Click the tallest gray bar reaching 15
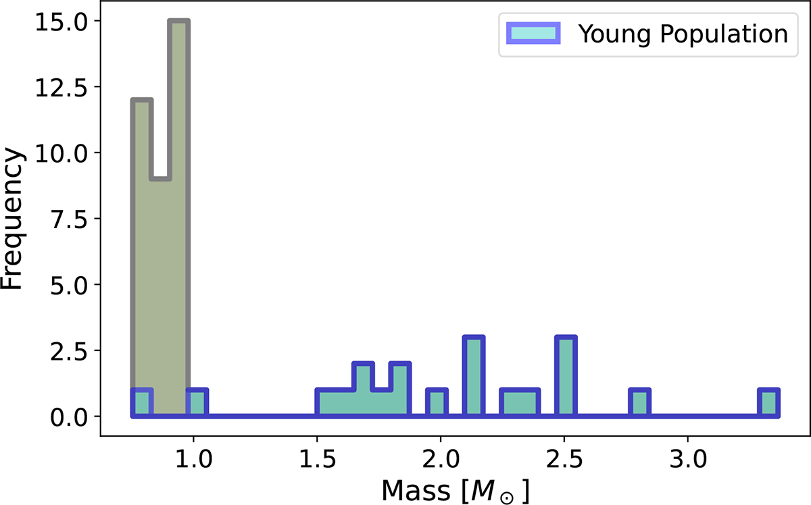point(179,216)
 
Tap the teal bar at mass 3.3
point(768,403)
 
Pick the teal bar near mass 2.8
point(639,403)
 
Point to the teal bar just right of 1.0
point(197,403)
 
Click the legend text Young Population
point(683,34)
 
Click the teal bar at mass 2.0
point(437,403)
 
